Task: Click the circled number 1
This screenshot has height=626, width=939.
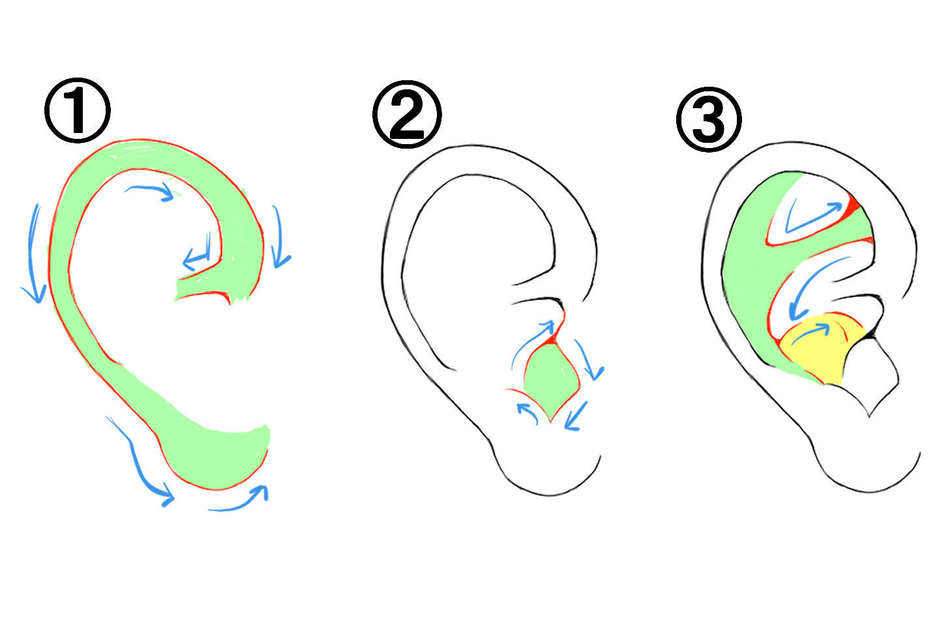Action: pyautogui.click(x=78, y=110)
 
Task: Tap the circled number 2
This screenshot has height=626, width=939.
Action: pyautogui.click(x=407, y=114)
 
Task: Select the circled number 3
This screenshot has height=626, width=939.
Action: pyautogui.click(x=709, y=119)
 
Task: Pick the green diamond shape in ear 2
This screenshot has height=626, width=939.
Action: pyautogui.click(x=551, y=380)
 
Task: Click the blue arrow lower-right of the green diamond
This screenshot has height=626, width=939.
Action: pyautogui.click(x=576, y=416)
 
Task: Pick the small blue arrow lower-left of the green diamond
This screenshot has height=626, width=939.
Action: pyautogui.click(x=529, y=413)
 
